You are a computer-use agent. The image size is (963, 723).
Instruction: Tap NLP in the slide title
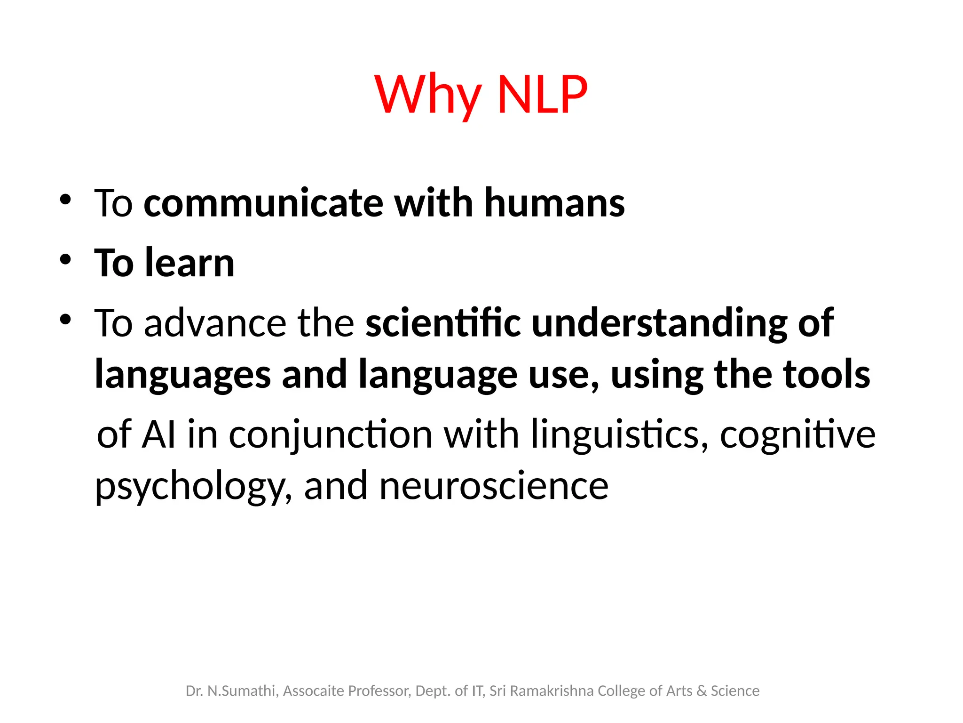[542, 96]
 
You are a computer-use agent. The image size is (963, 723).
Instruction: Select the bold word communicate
[263, 203]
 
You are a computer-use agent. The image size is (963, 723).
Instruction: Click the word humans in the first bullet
[554, 203]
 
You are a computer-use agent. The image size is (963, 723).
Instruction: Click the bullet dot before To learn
[65, 259]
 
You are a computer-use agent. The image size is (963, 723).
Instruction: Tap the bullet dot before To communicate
[65, 200]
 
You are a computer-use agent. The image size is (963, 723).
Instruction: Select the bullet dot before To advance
[65, 320]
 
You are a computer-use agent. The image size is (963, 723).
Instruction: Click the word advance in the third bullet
[215, 323]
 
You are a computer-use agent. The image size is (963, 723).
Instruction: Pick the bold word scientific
[443, 323]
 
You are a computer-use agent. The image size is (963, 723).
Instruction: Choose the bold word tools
[826, 374]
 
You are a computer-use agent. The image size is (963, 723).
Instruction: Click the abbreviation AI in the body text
[159, 434]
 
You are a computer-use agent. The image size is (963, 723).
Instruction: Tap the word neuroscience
[494, 486]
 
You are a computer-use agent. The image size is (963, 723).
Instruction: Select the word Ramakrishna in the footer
[552, 691]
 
